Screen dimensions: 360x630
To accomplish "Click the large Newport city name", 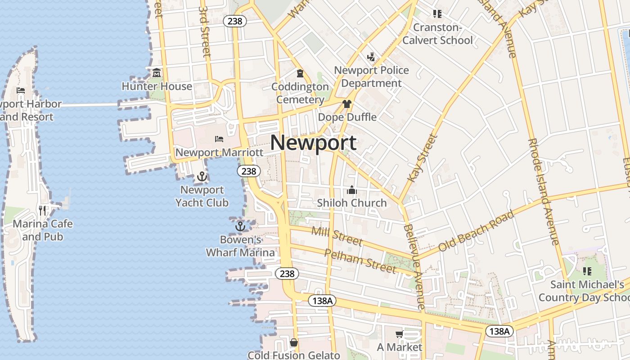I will click(x=314, y=143).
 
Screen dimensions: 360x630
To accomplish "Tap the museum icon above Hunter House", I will click(x=157, y=72).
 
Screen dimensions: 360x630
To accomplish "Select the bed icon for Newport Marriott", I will click(x=219, y=139).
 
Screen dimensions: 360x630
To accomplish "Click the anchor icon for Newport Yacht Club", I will click(x=202, y=176).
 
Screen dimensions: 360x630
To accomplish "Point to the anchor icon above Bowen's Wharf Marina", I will click(x=240, y=226).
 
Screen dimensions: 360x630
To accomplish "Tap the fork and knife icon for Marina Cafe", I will click(x=42, y=210).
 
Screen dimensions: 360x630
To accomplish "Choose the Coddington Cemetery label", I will click(x=300, y=93).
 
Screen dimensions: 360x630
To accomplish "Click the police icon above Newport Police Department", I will click(x=371, y=57).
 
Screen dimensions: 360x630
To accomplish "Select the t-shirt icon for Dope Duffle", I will click(x=346, y=104).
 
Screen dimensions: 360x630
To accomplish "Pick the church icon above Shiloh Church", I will click(x=352, y=190).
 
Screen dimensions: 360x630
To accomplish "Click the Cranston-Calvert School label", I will click(x=437, y=34).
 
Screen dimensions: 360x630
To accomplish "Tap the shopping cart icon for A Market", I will click(x=399, y=334).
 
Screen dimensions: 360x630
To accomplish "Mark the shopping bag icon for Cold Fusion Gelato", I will click(x=294, y=342).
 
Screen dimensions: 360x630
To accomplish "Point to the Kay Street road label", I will click(x=423, y=158).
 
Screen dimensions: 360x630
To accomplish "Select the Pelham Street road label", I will click(x=360, y=261).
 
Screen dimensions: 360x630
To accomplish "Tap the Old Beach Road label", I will click(x=477, y=231).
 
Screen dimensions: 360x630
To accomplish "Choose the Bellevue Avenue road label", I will click(x=414, y=267).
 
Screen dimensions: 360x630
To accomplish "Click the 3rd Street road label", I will click(x=205, y=31).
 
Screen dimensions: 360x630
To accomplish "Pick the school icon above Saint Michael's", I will click(x=587, y=271).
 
